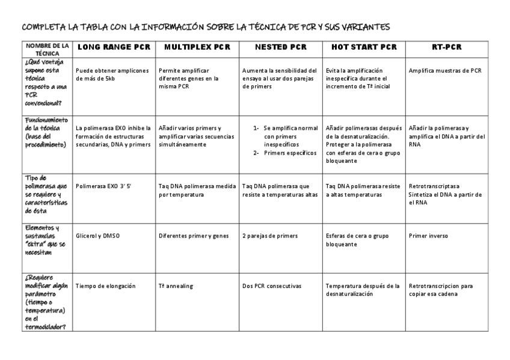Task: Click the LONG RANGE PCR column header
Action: (114, 47)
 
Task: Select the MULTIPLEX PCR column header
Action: (197, 47)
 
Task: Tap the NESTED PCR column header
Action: (280, 47)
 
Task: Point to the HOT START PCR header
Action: (364, 47)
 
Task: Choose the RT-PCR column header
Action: (447, 47)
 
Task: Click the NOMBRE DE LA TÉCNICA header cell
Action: (47, 48)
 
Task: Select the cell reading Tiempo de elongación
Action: (106, 285)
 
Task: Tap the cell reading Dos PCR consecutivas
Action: (271, 285)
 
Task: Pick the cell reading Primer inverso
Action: (428, 236)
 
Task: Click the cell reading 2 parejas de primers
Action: (270, 236)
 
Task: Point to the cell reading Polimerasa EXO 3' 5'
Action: (103, 186)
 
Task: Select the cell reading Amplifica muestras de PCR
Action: (445, 70)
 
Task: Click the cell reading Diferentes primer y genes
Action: (194, 236)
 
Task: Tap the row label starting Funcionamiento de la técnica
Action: (47, 132)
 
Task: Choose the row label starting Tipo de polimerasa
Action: (47, 194)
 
